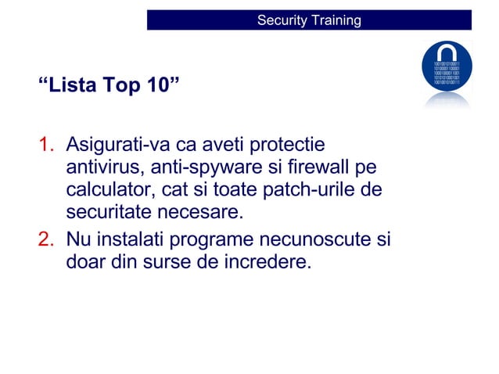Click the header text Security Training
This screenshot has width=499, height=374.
pos(309,20)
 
